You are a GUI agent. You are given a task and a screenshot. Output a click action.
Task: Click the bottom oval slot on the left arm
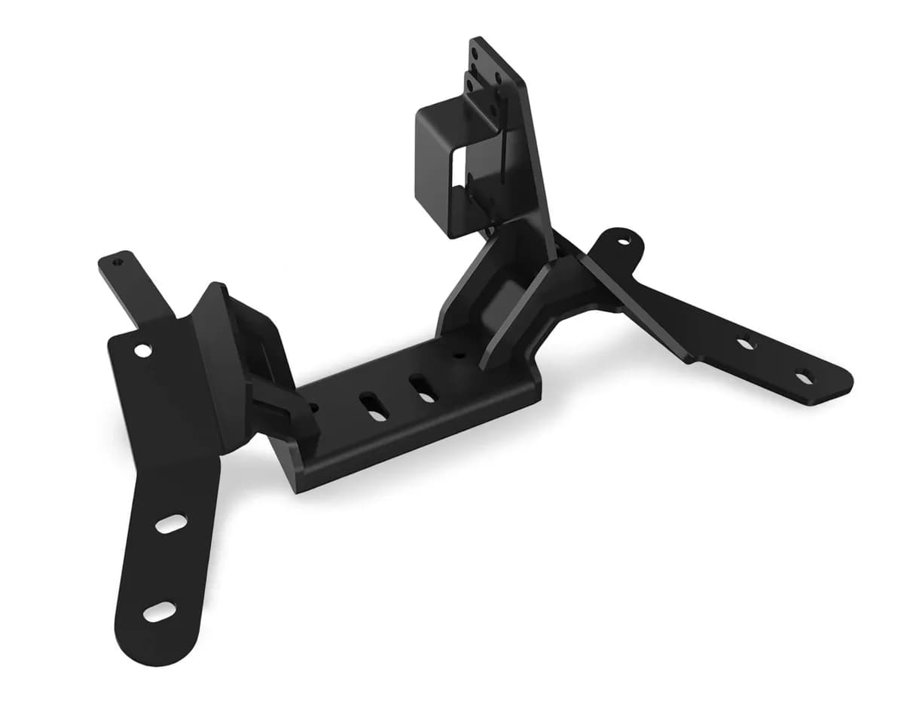pyautogui.click(x=159, y=611)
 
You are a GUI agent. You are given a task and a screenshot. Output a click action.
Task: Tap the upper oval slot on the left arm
pyautogui.click(x=171, y=523)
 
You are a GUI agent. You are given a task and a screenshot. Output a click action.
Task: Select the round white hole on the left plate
pyautogui.click(x=142, y=350)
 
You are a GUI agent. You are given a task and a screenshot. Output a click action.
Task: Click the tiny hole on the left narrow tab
pyautogui.click(x=117, y=263)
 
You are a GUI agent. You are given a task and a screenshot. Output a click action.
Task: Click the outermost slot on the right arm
pyautogui.click(x=803, y=376)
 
